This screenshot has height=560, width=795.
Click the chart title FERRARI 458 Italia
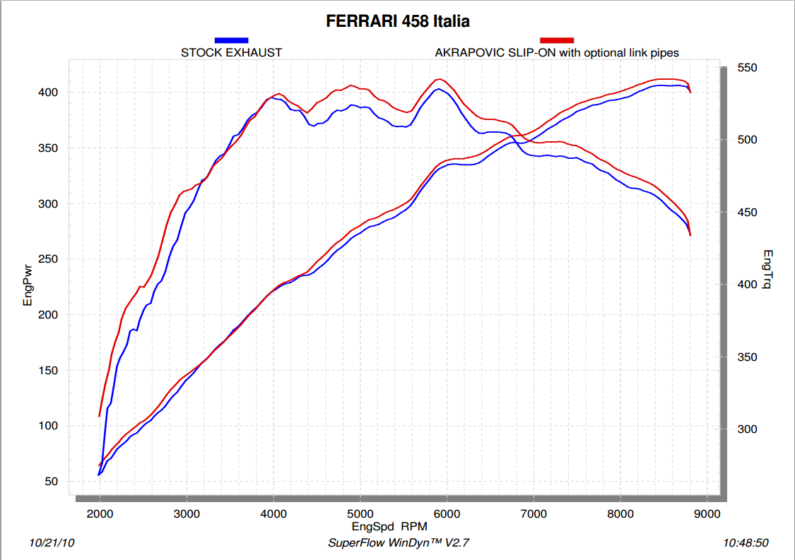397,22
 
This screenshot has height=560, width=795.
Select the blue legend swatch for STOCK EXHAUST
231,40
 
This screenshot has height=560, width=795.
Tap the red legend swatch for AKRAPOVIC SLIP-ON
556,40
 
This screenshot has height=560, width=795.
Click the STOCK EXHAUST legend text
231,52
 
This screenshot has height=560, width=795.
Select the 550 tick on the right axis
748,68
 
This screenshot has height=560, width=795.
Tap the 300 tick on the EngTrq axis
748,429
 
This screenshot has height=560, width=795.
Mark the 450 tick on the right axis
748,213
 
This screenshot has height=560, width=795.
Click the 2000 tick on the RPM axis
100,513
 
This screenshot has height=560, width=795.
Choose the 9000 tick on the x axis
707,513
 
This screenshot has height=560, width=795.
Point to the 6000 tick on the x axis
447,513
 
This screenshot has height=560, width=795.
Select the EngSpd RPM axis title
389,526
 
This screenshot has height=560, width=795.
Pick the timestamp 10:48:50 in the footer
746,543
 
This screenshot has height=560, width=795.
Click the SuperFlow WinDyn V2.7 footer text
399,543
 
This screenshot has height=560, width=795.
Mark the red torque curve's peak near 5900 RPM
440,79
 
